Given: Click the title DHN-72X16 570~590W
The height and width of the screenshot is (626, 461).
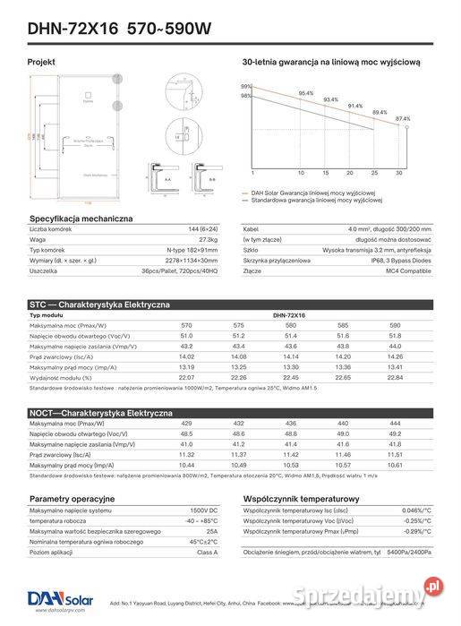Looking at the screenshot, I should click(119, 29).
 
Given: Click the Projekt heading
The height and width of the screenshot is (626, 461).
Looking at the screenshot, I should click(41, 63).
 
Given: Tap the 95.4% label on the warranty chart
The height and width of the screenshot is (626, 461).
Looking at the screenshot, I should click(305, 93).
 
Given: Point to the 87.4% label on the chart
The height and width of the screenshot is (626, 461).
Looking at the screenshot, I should click(403, 118).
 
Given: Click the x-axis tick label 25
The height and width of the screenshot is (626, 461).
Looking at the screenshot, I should click(374, 172).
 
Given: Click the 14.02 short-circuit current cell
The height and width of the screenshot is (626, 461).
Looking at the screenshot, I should click(186, 356).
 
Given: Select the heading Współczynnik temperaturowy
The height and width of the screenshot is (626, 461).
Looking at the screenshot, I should click(302, 498).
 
